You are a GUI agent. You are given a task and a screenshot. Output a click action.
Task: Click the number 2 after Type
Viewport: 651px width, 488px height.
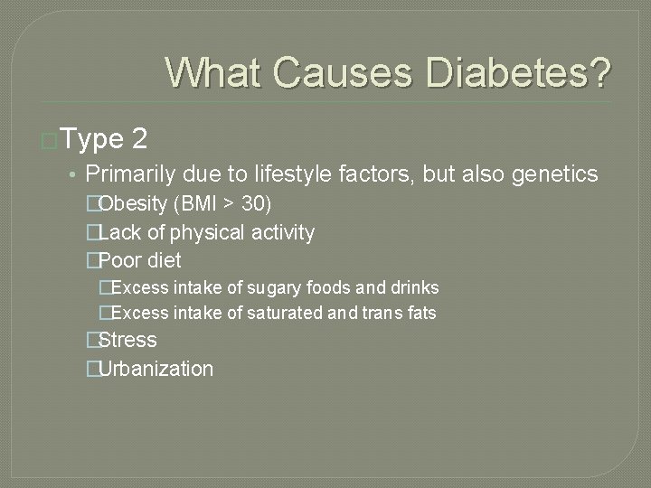pyautogui.click(x=139, y=138)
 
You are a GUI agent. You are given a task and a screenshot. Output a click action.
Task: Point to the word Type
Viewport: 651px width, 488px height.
pyautogui.click(x=92, y=138)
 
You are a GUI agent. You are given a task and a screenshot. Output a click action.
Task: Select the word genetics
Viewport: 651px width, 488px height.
pyautogui.click(x=555, y=174)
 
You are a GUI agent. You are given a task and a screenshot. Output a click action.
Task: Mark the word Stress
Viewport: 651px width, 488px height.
pyautogui.click(x=127, y=340)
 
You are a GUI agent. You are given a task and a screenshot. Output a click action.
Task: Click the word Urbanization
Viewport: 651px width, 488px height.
pyautogui.click(x=156, y=369)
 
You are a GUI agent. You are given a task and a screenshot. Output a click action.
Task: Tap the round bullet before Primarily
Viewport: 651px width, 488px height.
pyautogui.click(x=72, y=174)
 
